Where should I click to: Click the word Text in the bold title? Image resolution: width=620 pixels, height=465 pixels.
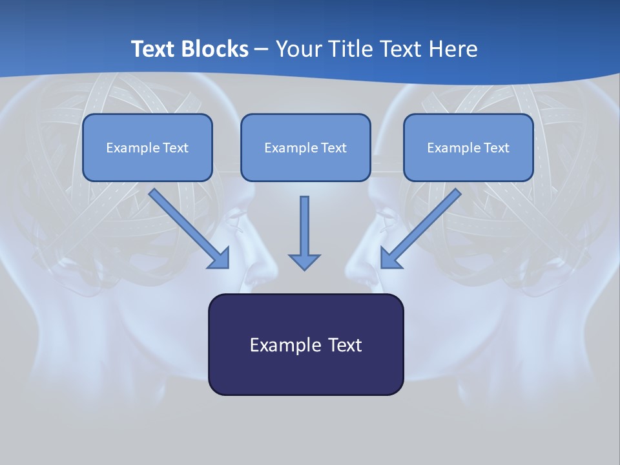[152, 49]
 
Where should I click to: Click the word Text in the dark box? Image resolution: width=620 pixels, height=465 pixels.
[344, 345]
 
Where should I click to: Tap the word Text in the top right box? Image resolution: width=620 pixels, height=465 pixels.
[496, 148]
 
